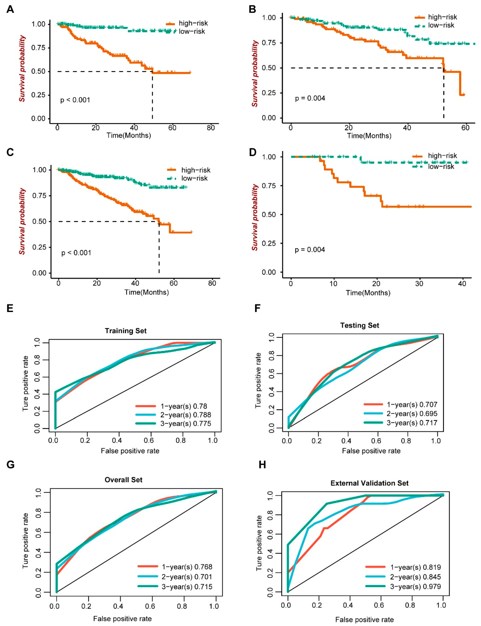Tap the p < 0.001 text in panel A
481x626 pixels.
point(75,100)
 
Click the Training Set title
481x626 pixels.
point(126,331)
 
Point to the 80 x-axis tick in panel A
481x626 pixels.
point(211,128)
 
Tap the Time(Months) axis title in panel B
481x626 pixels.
point(369,136)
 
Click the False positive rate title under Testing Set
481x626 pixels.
point(371,451)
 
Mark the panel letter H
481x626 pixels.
point(262,465)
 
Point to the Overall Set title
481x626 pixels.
point(123,480)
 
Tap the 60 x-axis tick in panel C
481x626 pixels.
point(173,283)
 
